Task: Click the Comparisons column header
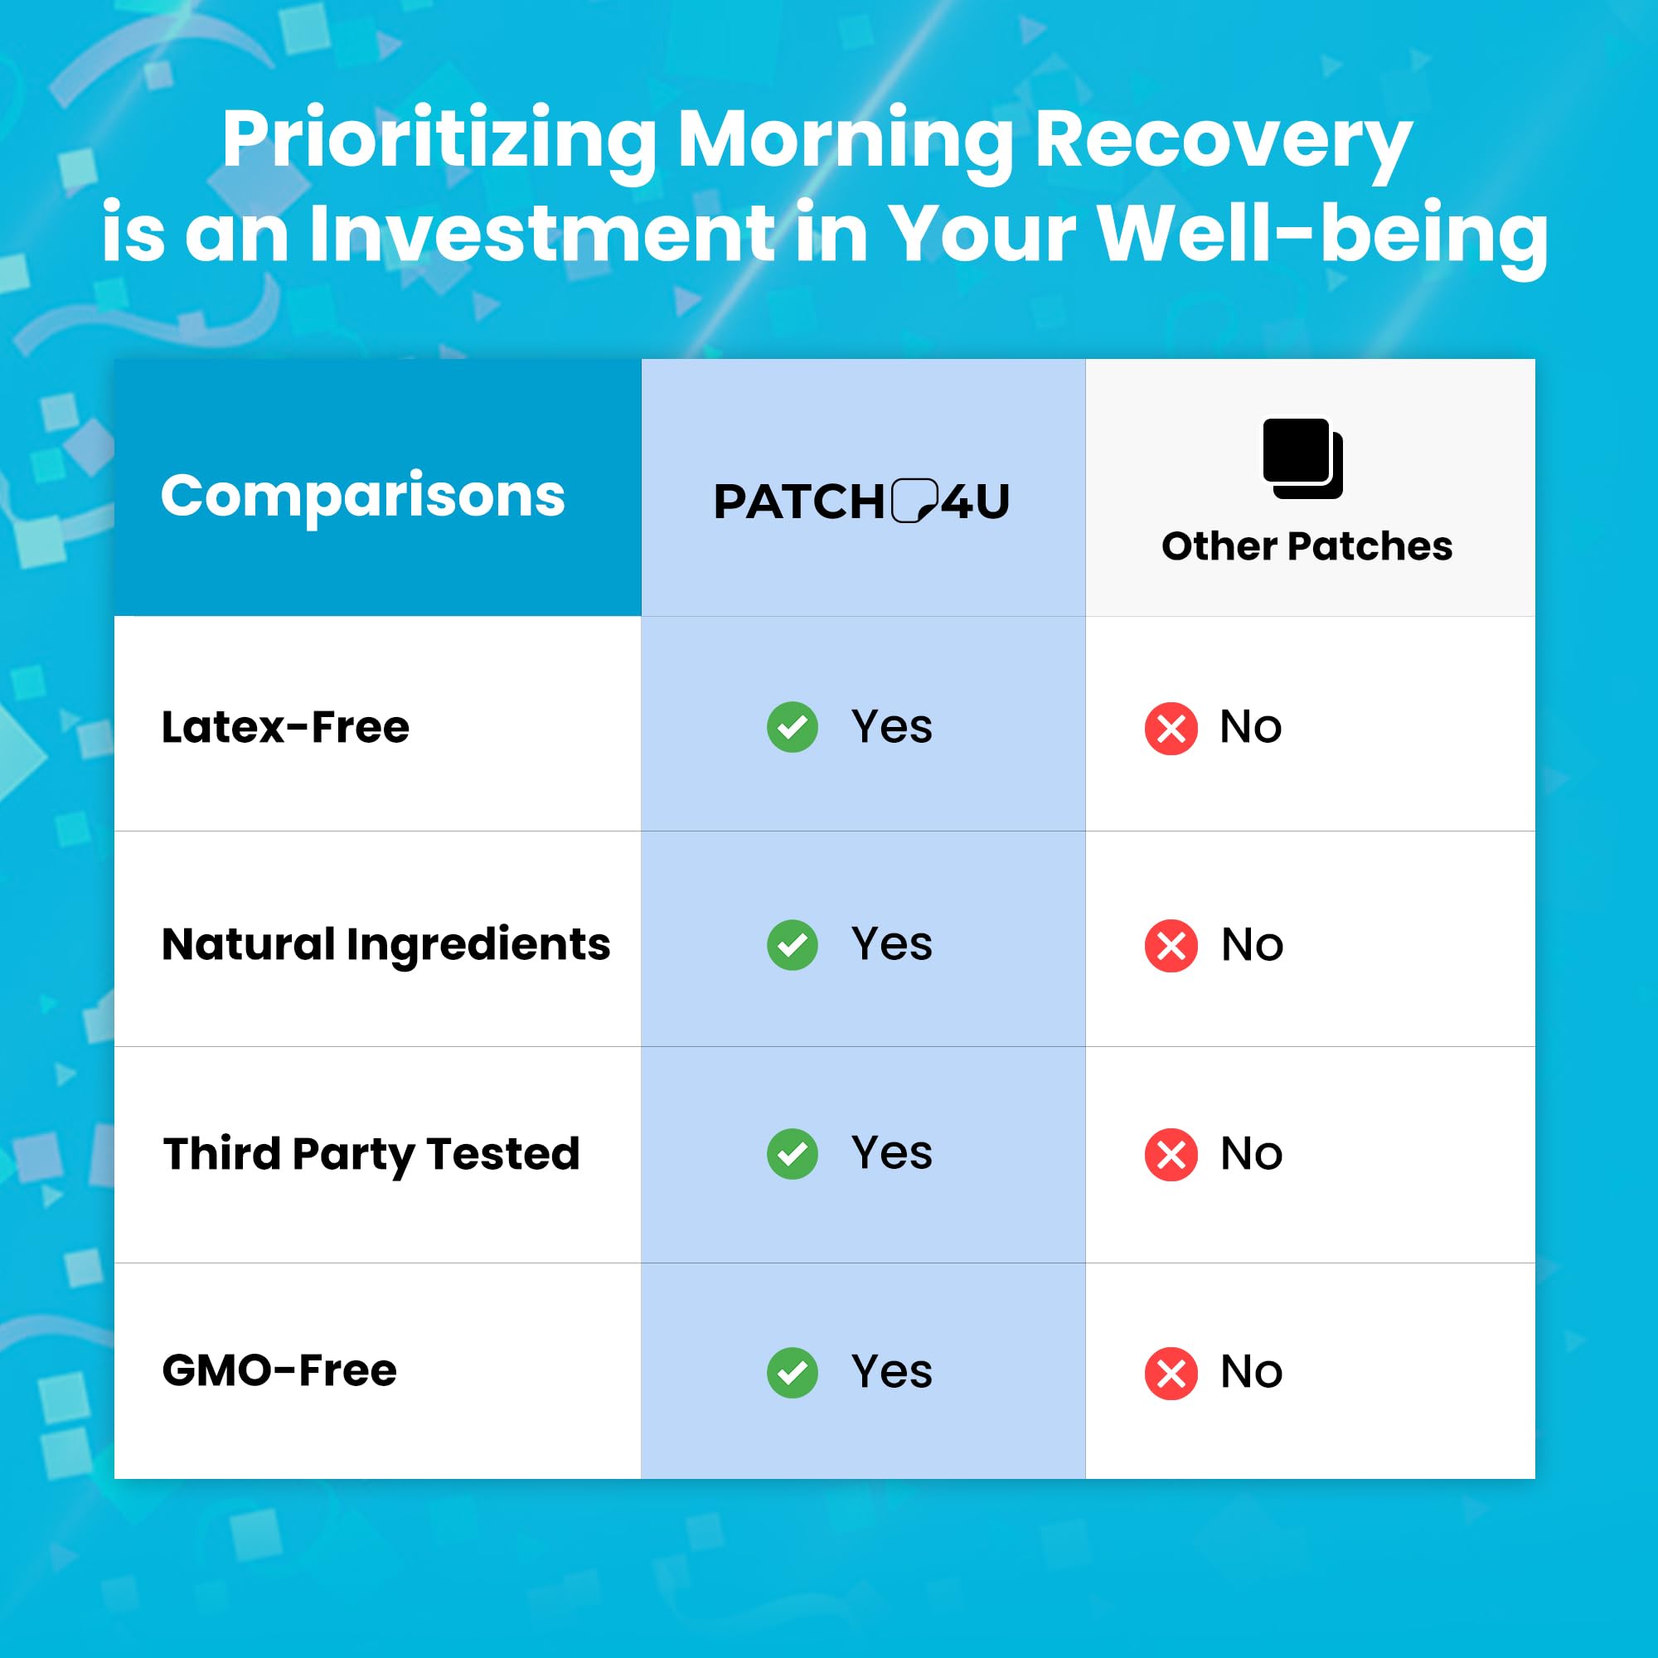coord(362,497)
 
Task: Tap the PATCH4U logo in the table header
coord(861,502)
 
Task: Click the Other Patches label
coord(1307,545)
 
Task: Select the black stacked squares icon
coord(1302,458)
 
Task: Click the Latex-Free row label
coord(286,727)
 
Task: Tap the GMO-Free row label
coord(279,1370)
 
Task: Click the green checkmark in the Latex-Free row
coord(792,727)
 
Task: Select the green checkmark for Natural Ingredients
coord(792,945)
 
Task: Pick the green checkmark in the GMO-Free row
coord(792,1372)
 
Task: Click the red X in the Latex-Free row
coord(1171,729)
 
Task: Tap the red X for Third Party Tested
coord(1171,1154)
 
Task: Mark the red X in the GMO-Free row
coord(1171,1373)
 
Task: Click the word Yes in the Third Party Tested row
coord(892,1152)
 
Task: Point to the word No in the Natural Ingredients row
coord(1252,945)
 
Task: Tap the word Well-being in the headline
coord(1322,235)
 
